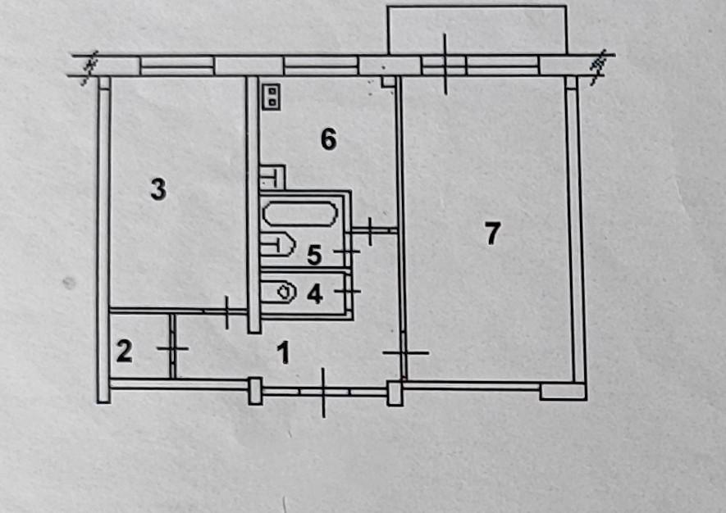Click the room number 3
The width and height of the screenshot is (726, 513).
click(158, 190)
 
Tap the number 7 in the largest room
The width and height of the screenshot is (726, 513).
click(491, 234)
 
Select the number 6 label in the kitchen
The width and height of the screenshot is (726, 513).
click(328, 140)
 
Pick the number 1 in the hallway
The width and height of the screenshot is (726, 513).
click(283, 355)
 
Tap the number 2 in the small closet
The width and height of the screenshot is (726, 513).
click(124, 352)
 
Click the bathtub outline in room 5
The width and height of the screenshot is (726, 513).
click(299, 215)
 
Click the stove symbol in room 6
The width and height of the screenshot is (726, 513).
click(271, 96)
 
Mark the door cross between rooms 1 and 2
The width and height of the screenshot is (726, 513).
click(172, 348)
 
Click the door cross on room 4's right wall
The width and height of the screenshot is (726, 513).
click(350, 290)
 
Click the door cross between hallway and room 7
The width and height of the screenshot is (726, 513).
click(404, 352)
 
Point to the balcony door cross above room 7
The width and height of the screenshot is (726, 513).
click(444, 64)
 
